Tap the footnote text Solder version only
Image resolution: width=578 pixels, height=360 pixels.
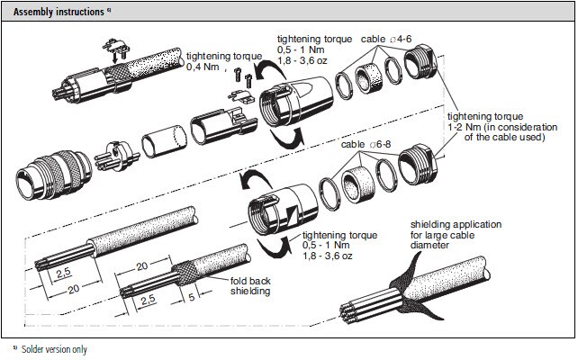pos(55,348)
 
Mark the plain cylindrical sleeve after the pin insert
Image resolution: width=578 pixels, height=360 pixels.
pos(161,142)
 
